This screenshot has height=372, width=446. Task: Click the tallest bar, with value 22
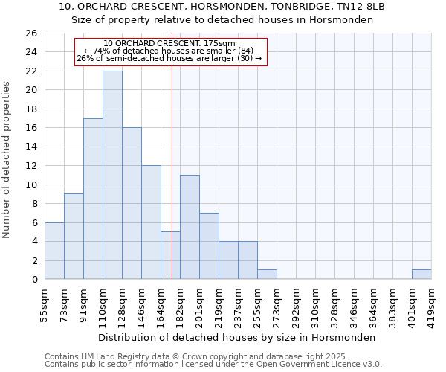click(112, 175)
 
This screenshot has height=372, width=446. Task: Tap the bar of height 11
click(190, 227)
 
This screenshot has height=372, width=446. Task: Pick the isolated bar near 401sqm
click(421, 275)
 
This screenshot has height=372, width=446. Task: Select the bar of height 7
click(209, 246)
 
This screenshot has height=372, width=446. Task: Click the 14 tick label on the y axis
click(30, 147)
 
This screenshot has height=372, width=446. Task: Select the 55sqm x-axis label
click(45, 303)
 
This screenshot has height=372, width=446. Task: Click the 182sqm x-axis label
click(180, 304)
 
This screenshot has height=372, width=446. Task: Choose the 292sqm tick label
click(296, 304)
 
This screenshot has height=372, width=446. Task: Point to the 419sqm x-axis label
click(431, 304)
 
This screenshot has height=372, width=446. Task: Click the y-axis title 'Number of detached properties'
click(7, 160)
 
